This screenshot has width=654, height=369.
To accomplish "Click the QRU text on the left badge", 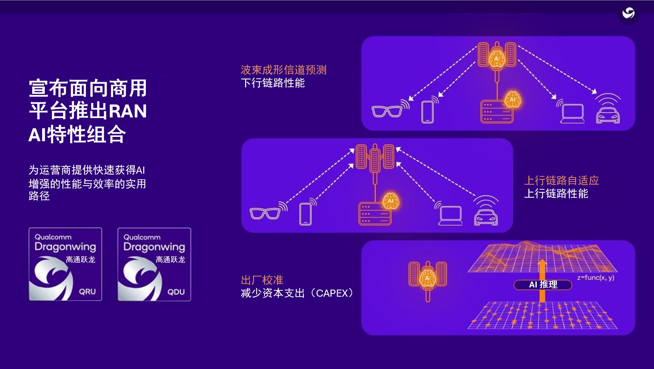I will point(87,291).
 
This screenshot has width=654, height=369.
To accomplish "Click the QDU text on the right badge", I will point(176,292).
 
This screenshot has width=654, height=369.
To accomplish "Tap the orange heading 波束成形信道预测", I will point(283,70).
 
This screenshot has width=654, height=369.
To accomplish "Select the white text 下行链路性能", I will point(273,83).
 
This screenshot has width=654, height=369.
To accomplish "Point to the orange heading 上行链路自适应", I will point(561,180).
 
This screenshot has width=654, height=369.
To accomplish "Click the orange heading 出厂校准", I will point(262,280).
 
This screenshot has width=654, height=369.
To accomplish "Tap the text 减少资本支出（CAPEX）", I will point(297,293).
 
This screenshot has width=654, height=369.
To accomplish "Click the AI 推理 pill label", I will point(543,285).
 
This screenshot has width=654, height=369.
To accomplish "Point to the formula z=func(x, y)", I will point(596,277).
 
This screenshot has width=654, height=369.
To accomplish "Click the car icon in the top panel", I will point(608,115).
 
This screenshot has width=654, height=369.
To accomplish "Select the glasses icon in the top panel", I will point(387,111).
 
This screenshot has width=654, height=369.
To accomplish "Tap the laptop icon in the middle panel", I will point(451,215).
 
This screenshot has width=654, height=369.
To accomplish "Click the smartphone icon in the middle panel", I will point(305,214).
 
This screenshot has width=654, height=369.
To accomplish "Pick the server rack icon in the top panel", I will point(496,112).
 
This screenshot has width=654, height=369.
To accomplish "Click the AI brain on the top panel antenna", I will point(497,59).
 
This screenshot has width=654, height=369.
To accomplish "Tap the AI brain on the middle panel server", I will point(391,201).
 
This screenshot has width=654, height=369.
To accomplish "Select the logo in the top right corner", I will point(628,13).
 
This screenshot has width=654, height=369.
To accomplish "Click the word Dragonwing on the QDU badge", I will point(154,247).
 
